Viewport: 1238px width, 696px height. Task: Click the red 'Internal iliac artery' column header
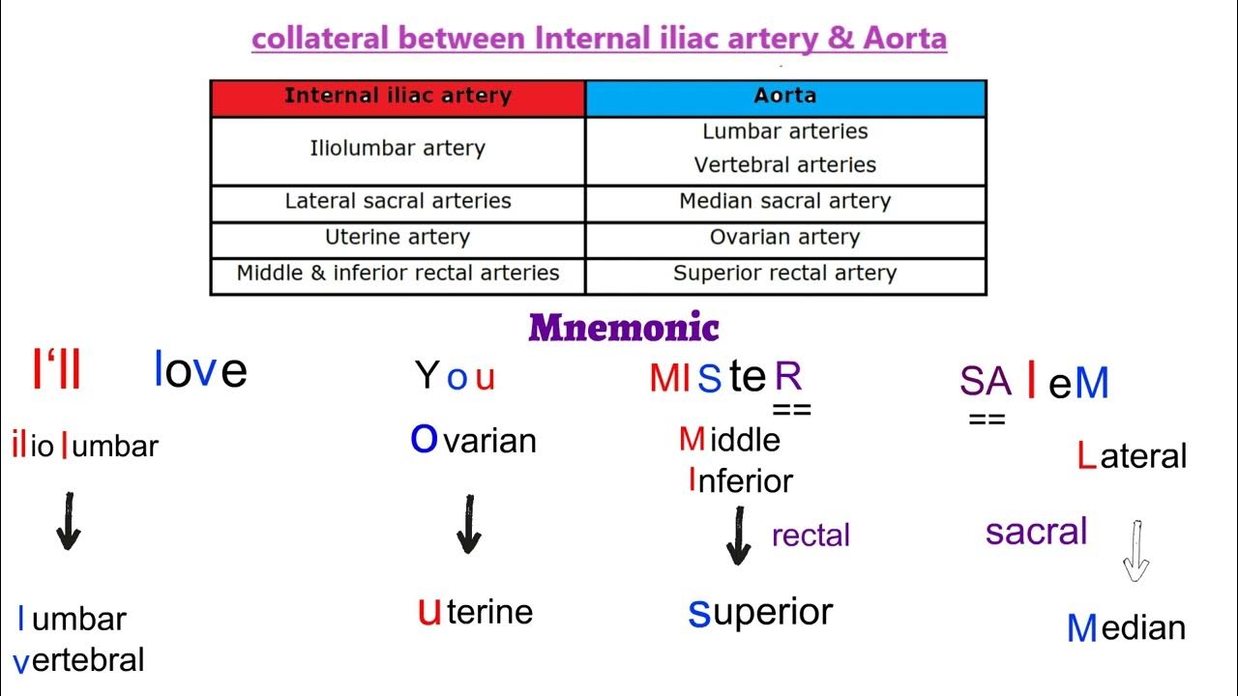(x=398, y=97)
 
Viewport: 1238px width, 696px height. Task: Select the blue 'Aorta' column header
(x=785, y=97)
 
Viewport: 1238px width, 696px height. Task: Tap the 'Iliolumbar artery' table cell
(x=398, y=149)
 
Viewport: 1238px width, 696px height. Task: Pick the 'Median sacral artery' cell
(x=785, y=201)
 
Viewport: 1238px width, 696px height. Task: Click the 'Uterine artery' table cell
(x=398, y=237)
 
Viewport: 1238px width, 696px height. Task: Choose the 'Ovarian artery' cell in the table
(x=785, y=237)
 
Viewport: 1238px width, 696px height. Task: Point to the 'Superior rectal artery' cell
(x=785, y=274)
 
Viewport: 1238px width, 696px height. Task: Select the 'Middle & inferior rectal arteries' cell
(x=398, y=274)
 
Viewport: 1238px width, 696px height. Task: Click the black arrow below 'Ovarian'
(x=469, y=524)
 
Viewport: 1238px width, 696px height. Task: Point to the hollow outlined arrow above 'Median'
(x=1135, y=551)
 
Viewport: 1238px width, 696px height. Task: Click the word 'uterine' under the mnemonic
(x=475, y=611)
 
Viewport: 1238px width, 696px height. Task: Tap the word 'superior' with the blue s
(x=760, y=611)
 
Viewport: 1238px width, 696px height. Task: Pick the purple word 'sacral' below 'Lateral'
(x=1036, y=531)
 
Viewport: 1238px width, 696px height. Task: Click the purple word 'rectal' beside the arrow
(x=811, y=535)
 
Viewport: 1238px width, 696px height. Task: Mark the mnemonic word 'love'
(x=200, y=370)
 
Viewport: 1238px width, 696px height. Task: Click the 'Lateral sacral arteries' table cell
(x=398, y=201)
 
